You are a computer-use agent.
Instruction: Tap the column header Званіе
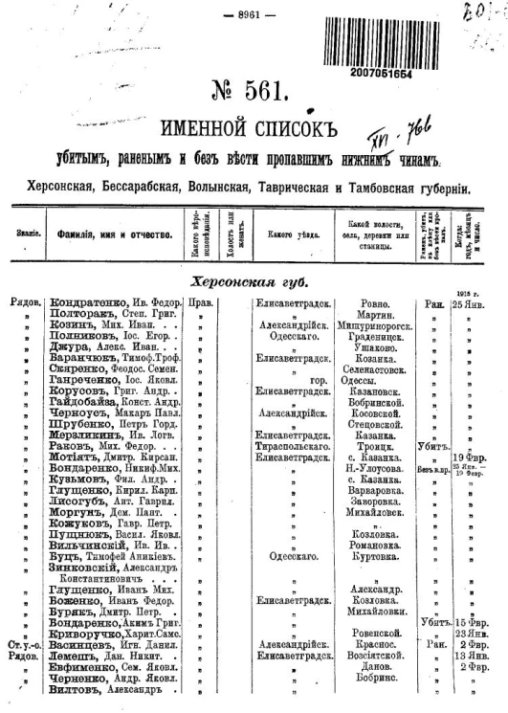pos(22,234)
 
